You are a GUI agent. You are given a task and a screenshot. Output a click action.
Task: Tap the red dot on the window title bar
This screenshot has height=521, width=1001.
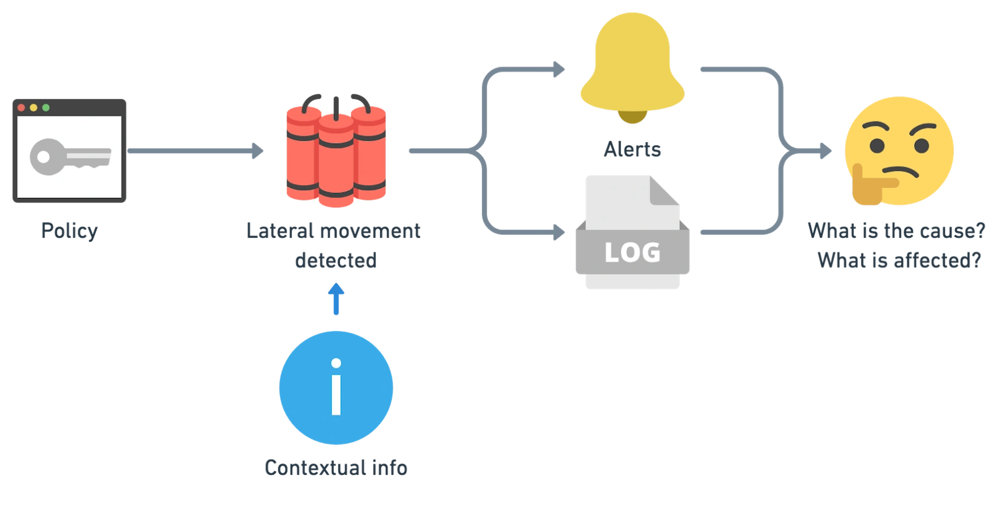22,107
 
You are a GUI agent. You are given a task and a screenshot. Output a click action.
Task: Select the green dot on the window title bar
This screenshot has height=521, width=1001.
46,107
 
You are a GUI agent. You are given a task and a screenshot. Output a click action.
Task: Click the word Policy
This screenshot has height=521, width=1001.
70,231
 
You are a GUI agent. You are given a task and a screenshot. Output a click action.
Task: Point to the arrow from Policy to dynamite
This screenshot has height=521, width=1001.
196,151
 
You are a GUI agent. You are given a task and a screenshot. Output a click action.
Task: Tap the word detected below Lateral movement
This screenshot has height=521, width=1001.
336,260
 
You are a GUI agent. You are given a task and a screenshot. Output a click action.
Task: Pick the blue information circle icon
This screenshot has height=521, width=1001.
336,388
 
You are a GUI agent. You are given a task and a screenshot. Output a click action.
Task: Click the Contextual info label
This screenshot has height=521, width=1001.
336,467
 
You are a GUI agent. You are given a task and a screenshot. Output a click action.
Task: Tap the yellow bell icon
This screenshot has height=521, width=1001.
632,66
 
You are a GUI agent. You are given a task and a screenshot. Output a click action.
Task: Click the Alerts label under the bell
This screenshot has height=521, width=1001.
632,149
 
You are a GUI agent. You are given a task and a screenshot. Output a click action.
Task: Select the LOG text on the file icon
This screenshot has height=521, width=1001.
632,252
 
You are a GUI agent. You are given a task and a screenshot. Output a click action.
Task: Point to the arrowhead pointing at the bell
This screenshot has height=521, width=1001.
559,70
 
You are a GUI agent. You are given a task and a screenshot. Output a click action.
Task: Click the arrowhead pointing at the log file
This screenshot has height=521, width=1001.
559,232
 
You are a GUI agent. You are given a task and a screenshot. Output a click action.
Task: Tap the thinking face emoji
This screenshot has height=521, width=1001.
899,150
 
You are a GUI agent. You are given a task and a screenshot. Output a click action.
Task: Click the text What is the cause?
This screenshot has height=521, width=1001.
897,231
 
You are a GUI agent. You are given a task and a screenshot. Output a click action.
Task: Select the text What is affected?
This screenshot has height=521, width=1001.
899,260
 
